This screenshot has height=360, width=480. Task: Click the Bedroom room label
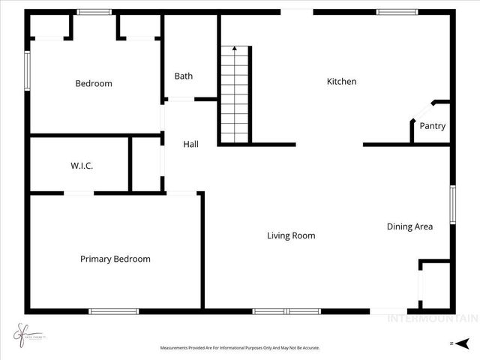pyautogui.click(x=94, y=83)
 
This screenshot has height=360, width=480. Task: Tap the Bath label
pyautogui.click(x=184, y=76)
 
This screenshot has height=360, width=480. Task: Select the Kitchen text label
pyautogui.click(x=341, y=81)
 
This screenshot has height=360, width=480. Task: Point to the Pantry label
pyautogui.click(x=432, y=126)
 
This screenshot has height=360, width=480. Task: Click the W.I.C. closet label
pyautogui.click(x=82, y=166)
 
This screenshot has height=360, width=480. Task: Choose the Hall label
pyautogui.click(x=191, y=144)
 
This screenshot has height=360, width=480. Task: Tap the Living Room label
pyautogui.click(x=291, y=235)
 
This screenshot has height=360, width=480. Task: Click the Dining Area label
pyautogui.click(x=409, y=226)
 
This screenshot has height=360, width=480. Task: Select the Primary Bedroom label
pyautogui.click(x=115, y=259)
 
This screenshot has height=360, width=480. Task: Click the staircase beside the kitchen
pyautogui.click(x=235, y=96)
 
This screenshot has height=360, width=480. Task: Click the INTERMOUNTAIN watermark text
pyautogui.click(x=431, y=318)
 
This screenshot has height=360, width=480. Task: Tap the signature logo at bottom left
pyautogui.click(x=25, y=332)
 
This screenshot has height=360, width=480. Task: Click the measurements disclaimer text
pyautogui.click(x=240, y=348)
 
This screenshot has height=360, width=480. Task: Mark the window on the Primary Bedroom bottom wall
pyautogui.click(x=113, y=311)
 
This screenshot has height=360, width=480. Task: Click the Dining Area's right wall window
pyautogui.click(x=452, y=204)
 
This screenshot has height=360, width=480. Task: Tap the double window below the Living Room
pyautogui.click(x=286, y=311)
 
